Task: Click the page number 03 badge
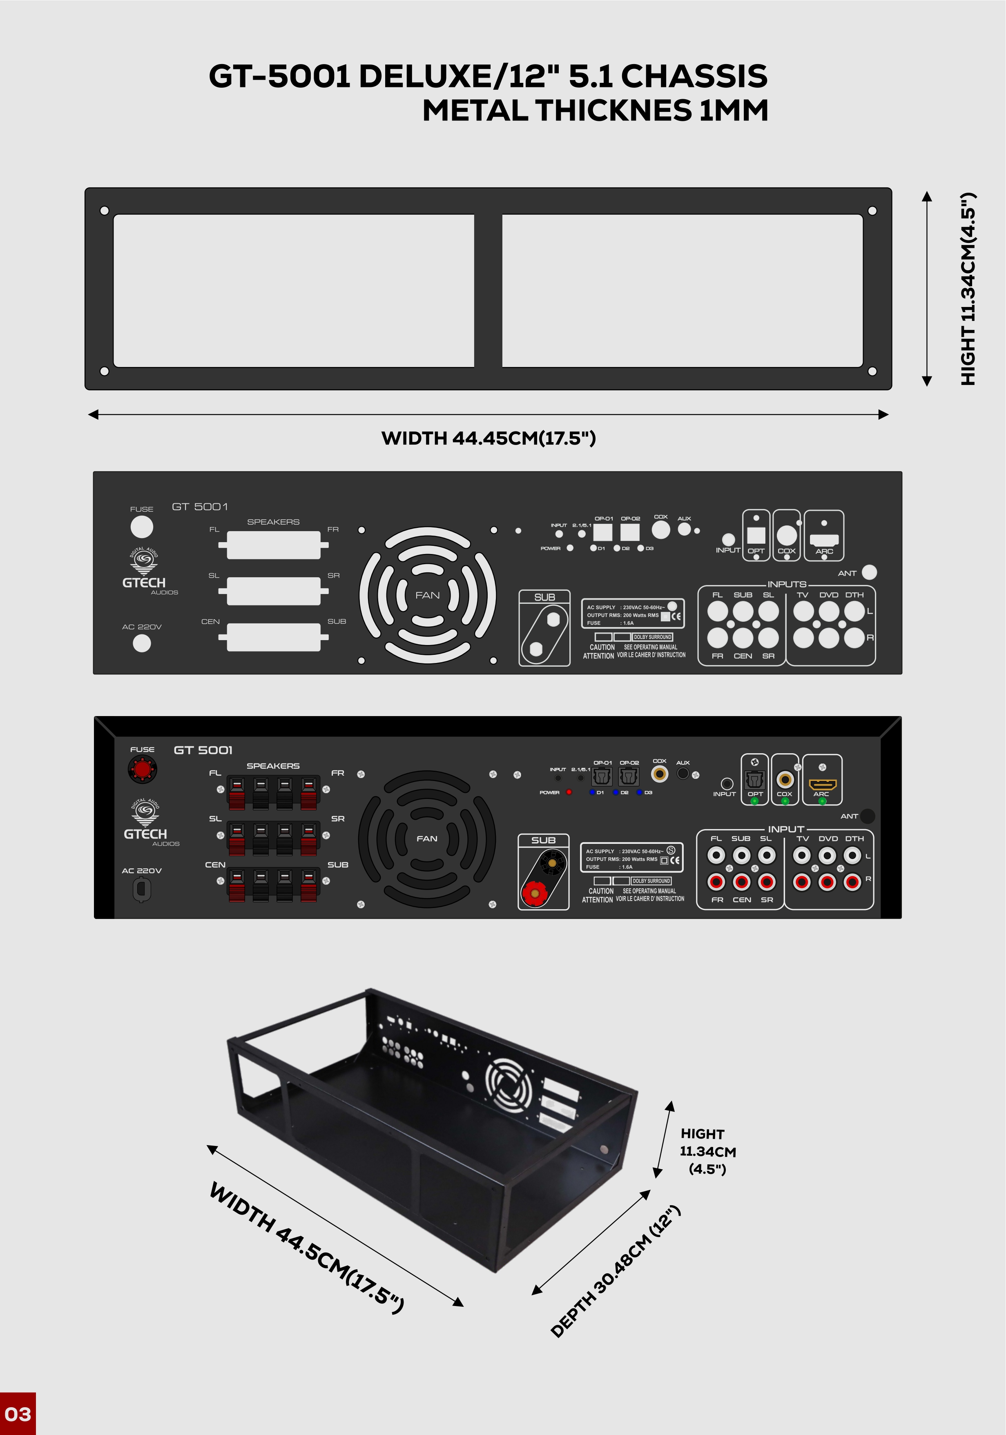tap(18, 1414)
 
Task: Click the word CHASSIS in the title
tap(694, 76)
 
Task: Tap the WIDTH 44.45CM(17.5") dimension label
tap(489, 438)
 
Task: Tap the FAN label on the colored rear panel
tap(427, 839)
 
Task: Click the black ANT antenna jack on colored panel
tap(867, 816)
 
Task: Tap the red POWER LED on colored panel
tap(569, 792)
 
